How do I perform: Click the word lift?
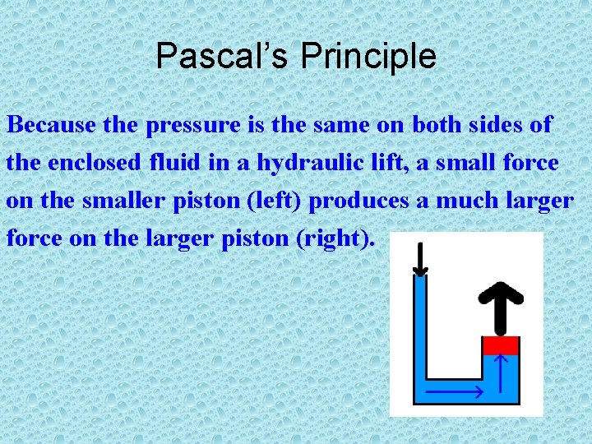pos(386,163)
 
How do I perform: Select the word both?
pos(439,126)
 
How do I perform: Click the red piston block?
pos(500,345)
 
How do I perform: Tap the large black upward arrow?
pos(501,303)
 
